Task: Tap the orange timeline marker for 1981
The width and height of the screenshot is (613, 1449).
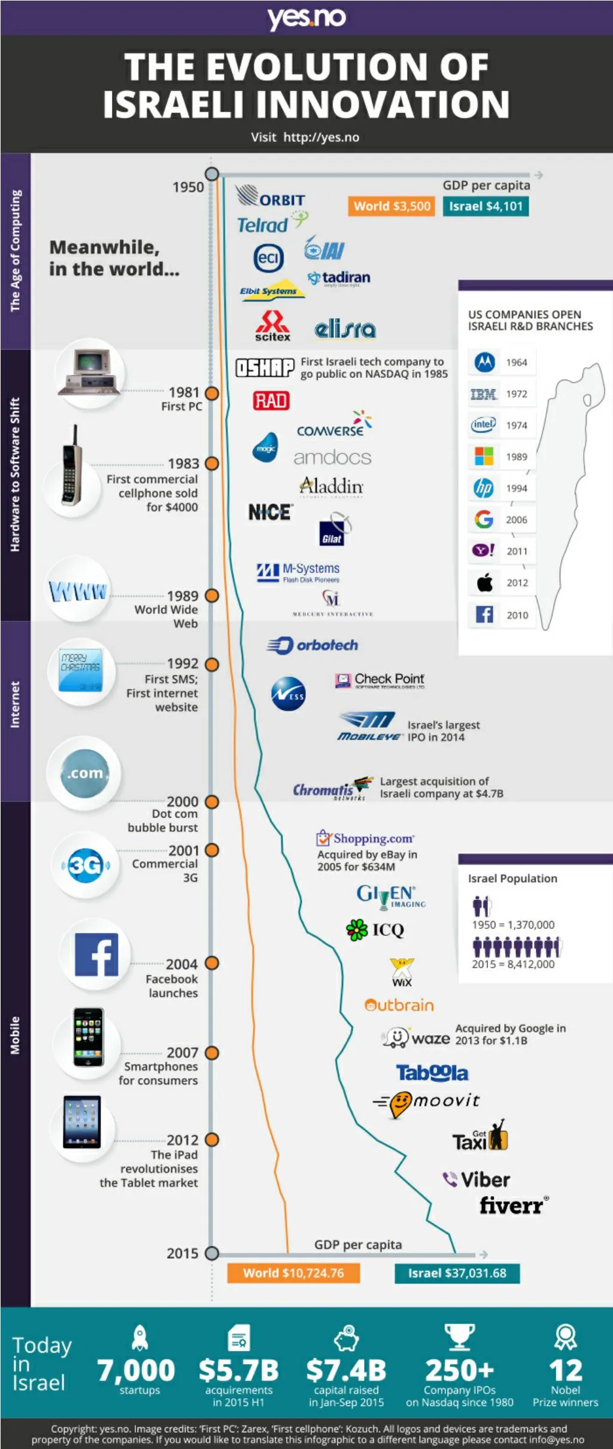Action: point(212,393)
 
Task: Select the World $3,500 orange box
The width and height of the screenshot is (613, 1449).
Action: point(392,206)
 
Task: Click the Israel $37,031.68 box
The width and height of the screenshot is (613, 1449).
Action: point(457,1273)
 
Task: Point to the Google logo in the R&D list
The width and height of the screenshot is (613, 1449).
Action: point(484,519)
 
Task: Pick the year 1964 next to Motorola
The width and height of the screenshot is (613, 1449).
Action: point(517,362)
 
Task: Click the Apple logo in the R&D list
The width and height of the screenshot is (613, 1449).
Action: point(484,582)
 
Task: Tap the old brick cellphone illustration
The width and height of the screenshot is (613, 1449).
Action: point(72,466)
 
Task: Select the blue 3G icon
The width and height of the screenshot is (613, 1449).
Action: point(85,865)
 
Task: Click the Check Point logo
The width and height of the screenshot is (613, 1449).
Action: point(380,680)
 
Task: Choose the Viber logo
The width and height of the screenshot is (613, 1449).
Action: point(477,1179)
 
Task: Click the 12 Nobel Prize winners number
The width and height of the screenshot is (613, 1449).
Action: point(565,1370)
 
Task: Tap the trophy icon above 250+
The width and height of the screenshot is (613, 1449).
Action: point(459,1336)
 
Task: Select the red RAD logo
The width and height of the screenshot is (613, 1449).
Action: point(271,400)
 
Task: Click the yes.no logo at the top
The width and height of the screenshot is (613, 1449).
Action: point(306,17)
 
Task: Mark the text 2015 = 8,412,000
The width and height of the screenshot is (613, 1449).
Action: point(513,964)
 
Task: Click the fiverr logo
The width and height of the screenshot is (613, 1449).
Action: point(512,1206)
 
